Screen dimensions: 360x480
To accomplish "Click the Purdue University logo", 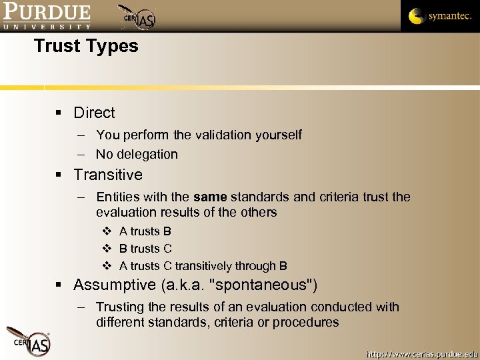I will [46, 16].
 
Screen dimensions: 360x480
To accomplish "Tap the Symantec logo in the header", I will [440, 16].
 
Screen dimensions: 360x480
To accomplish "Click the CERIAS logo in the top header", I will [139, 17].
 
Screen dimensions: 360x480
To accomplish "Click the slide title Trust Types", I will [86, 46].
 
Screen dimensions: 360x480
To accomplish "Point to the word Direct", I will [94, 113].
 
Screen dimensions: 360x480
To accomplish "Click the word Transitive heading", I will [108, 175].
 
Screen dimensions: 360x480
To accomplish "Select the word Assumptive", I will [114, 285].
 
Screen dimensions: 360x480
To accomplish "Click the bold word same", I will [209, 197].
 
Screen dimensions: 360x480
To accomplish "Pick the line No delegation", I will [137, 154].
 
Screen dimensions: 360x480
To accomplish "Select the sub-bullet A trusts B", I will [145, 231].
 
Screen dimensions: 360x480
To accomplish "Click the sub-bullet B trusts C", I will [145, 249].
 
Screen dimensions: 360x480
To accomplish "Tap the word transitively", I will [215, 266].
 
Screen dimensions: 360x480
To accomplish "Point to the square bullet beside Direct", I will [60, 113].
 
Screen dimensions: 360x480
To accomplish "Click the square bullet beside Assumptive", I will [60, 286].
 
